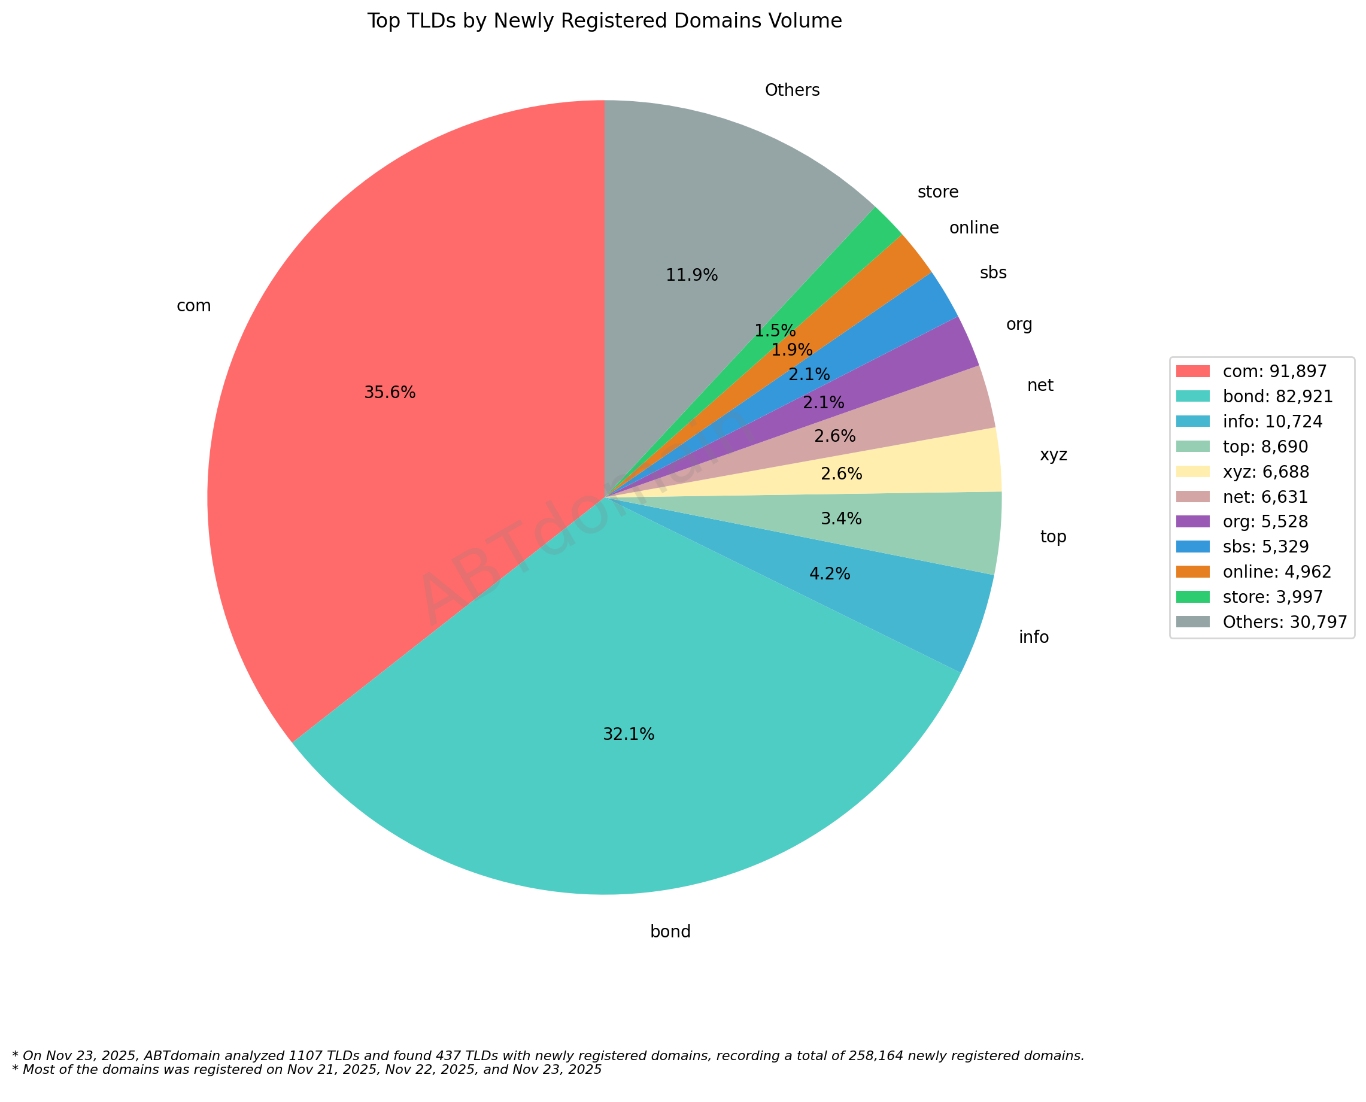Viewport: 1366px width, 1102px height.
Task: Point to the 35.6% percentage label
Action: (389, 393)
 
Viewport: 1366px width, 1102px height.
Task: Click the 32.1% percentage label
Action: (628, 734)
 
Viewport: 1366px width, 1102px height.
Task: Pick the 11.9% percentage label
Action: (691, 275)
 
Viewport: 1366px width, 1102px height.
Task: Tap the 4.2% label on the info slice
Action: (829, 575)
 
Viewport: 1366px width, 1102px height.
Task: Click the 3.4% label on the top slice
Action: (840, 519)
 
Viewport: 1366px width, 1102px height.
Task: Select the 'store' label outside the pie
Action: (937, 192)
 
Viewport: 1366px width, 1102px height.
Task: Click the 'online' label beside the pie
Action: (973, 228)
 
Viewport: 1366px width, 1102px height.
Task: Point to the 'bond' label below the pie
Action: (670, 932)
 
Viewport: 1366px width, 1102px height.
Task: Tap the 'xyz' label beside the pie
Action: (1053, 455)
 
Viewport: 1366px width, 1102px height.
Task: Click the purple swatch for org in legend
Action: (1192, 522)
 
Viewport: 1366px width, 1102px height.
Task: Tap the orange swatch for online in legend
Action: (1192, 572)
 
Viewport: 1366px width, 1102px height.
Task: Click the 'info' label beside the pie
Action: (1033, 637)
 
